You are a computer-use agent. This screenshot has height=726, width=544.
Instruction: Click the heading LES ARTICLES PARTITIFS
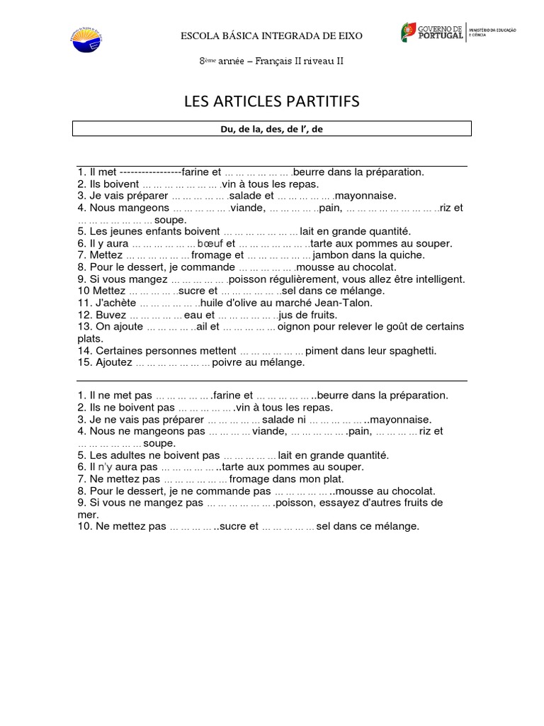point(271,102)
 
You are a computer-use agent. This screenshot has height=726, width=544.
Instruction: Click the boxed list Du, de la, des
point(272,128)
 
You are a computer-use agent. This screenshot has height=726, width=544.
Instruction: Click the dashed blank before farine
point(150,172)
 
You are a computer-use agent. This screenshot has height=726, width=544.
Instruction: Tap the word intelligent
point(438,279)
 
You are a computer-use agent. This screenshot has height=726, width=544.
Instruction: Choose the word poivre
point(230,362)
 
